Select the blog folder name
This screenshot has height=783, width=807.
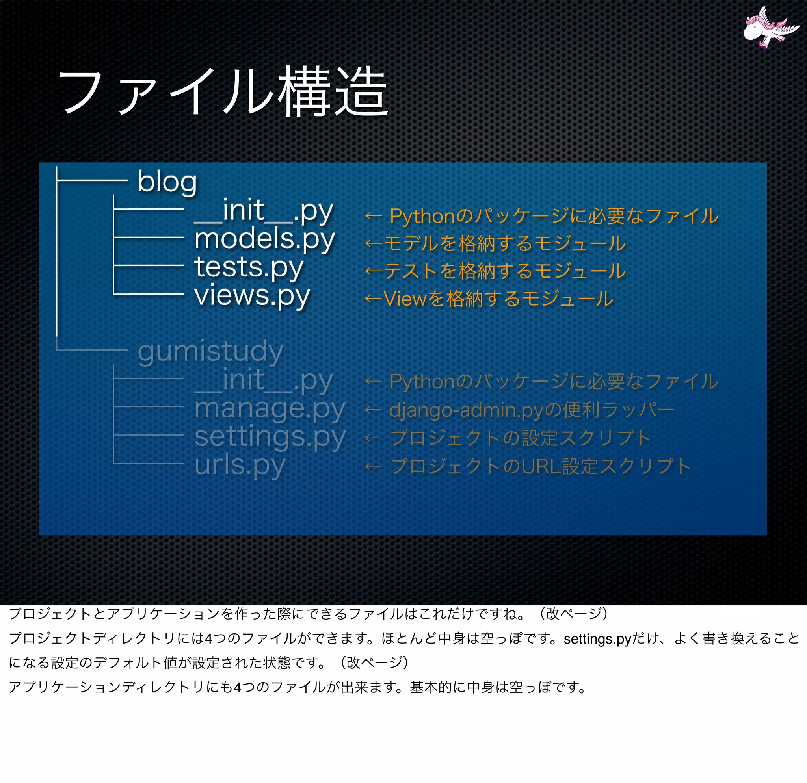coord(167,182)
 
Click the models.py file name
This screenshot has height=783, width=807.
coord(264,239)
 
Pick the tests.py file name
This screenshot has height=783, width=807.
coord(249,267)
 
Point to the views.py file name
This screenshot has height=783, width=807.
coord(252,295)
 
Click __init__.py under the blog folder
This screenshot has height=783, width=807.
coord(264,211)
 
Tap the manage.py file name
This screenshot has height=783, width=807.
coord(270,408)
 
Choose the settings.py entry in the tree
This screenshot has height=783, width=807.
coord(270,437)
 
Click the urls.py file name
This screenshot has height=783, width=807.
coord(240,466)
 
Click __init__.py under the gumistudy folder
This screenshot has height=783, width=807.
coord(264,380)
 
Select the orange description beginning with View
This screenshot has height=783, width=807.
coord(498,299)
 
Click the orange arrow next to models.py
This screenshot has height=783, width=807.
coord(374,244)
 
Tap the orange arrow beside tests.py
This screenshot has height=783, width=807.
coord(374,271)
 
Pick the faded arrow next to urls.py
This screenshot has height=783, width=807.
coord(374,467)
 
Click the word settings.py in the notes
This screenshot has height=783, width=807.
coord(597,639)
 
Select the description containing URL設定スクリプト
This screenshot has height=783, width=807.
coord(541,467)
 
